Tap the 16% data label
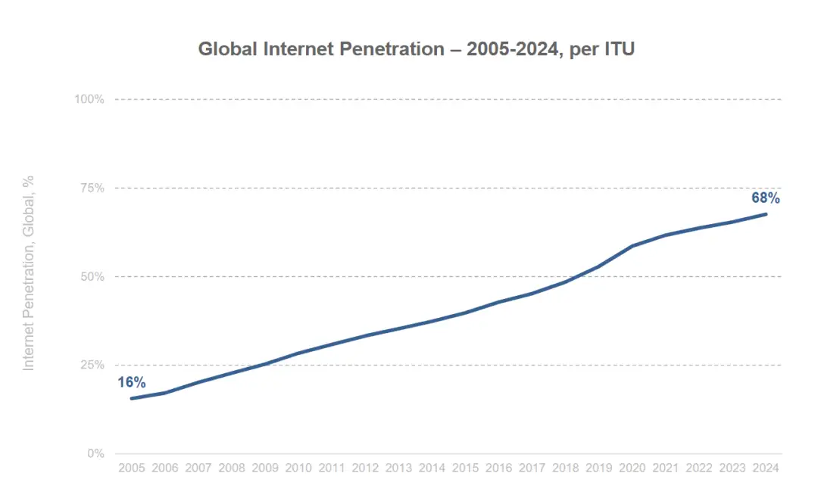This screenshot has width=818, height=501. click(x=132, y=382)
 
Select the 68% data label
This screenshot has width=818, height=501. click(x=765, y=198)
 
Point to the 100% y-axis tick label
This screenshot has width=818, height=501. click(x=89, y=99)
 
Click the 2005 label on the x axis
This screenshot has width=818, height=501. click(x=132, y=468)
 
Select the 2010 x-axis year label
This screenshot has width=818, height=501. click(x=299, y=468)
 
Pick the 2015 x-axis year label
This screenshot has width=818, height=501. click(x=466, y=468)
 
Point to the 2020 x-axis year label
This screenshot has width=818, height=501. click(x=632, y=468)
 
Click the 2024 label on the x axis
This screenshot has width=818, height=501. click(x=766, y=468)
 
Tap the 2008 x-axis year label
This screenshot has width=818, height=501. click(x=232, y=468)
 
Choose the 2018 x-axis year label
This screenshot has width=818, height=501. click(x=566, y=468)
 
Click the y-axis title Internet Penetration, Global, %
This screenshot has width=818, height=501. click(x=29, y=273)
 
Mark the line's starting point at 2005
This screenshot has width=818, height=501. click(x=132, y=398)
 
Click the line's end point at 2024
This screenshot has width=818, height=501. click(x=766, y=214)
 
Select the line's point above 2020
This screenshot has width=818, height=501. click(x=632, y=246)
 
